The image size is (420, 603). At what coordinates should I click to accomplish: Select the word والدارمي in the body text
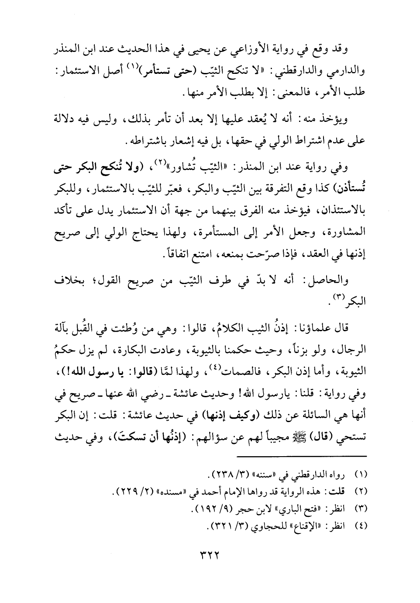click(x=350, y=69)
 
